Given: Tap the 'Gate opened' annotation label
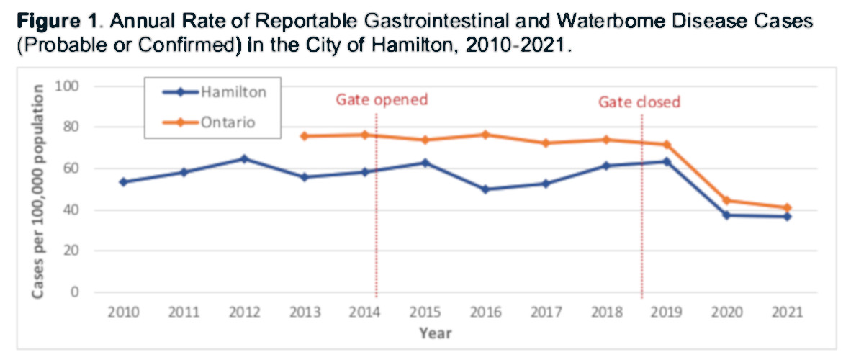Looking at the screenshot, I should click(382, 99).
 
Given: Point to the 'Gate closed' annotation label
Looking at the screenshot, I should click(639, 102).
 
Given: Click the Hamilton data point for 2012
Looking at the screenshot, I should click(244, 158).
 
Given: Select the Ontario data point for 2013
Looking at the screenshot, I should click(305, 136).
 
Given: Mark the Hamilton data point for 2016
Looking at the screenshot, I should click(485, 189).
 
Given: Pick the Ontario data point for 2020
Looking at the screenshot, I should click(726, 200).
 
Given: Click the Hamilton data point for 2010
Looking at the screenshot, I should click(123, 182).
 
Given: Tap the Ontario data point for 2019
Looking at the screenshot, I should click(667, 145).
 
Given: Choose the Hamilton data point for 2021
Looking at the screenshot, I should click(787, 217).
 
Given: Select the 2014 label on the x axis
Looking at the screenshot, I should click(364, 313).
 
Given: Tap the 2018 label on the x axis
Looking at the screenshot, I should click(605, 313).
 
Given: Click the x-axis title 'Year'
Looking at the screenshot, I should click(436, 333).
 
